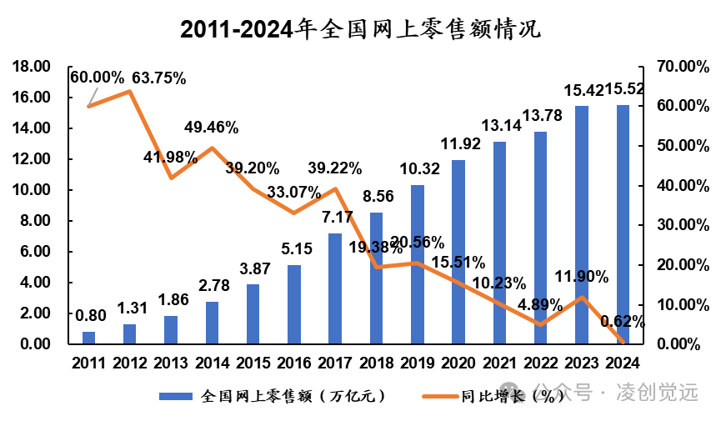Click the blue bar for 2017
pyautogui.click(x=335, y=288)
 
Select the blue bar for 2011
pyautogui.click(x=88, y=338)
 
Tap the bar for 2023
pyautogui.click(x=582, y=225)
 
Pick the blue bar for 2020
pyautogui.click(x=458, y=252)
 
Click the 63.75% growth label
pyautogui.click(x=159, y=78)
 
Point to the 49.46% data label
pyautogui.click(x=212, y=127)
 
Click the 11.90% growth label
pyautogui.click(x=582, y=277)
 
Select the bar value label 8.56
pyautogui.click(x=378, y=196)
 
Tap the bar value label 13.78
pyautogui.click(x=542, y=115)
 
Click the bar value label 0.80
pyautogui.click(x=91, y=316)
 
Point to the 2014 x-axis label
pyautogui.click(x=212, y=363)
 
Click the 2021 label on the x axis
pyautogui.click(x=499, y=363)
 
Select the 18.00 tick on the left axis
pyautogui.click(x=32, y=67)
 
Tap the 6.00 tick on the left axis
pyautogui.click(x=35, y=252)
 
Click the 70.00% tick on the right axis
pyautogui.click(x=683, y=67)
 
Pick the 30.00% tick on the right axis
pyautogui.click(x=683, y=225)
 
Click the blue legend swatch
pyautogui.click(x=176, y=396)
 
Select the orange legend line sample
pyautogui.click(x=440, y=396)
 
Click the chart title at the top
pyautogui.click(x=360, y=29)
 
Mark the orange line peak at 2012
pyautogui.click(x=130, y=91)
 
